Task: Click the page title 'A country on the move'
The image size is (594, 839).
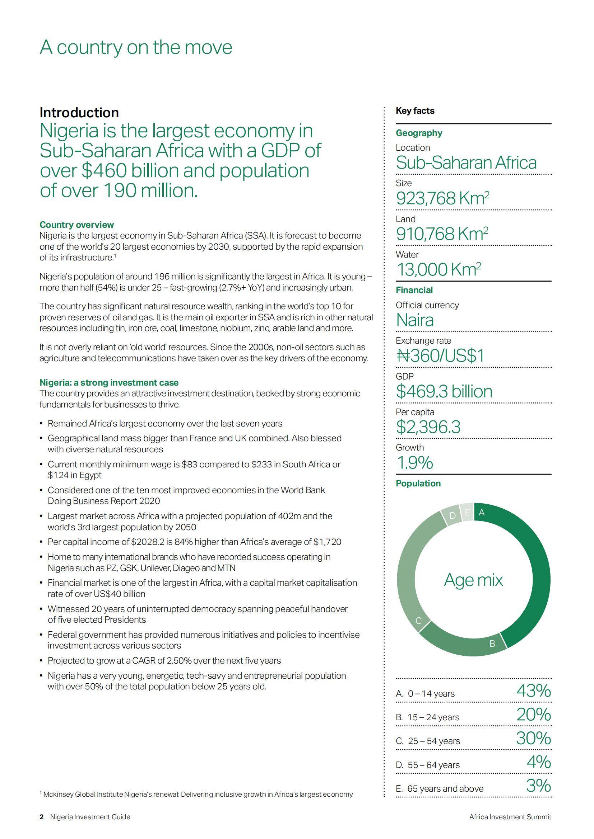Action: pyautogui.click(x=136, y=47)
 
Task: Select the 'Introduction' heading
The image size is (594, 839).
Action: pyautogui.click(x=79, y=112)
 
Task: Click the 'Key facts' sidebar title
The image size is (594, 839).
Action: pyautogui.click(x=415, y=111)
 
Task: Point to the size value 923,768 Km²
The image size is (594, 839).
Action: pyautogui.click(x=442, y=198)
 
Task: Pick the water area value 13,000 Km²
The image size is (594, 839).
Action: pyautogui.click(x=438, y=269)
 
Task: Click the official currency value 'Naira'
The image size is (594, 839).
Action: pyautogui.click(x=415, y=320)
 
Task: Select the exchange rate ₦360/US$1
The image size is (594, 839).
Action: pyautogui.click(x=440, y=355)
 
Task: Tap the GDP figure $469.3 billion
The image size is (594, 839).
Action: pyautogui.click(x=444, y=391)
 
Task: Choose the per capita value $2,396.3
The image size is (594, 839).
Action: pyautogui.click(x=428, y=426)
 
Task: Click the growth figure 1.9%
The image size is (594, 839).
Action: pyautogui.click(x=414, y=462)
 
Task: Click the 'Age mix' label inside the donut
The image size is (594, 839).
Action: pyautogui.click(x=473, y=580)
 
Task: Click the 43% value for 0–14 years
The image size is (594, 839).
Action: pyautogui.click(x=533, y=690)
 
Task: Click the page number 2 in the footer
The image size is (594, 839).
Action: pyautogui.click(x=42, y=817)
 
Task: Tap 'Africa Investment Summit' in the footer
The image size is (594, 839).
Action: pyautogui.click(x=510, y=817)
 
